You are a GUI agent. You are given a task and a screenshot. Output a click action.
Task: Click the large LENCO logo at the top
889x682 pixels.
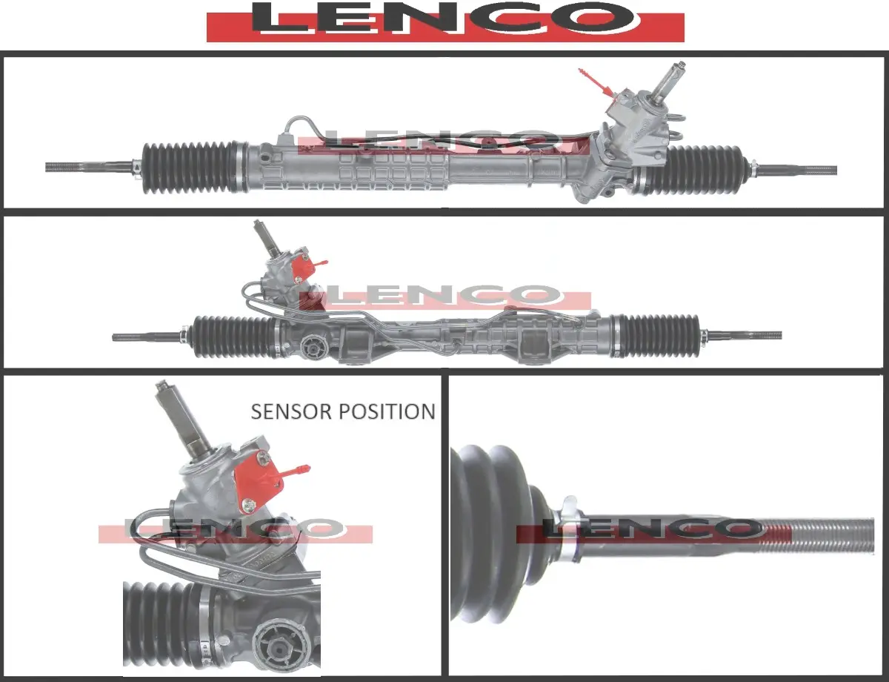coord(445,21)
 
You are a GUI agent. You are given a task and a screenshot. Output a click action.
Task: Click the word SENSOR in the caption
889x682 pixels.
coord(291,411)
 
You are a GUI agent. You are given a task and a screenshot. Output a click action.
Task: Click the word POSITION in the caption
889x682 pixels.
coord(387,411)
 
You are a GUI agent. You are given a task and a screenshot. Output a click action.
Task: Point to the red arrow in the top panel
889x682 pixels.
coord(597,84)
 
